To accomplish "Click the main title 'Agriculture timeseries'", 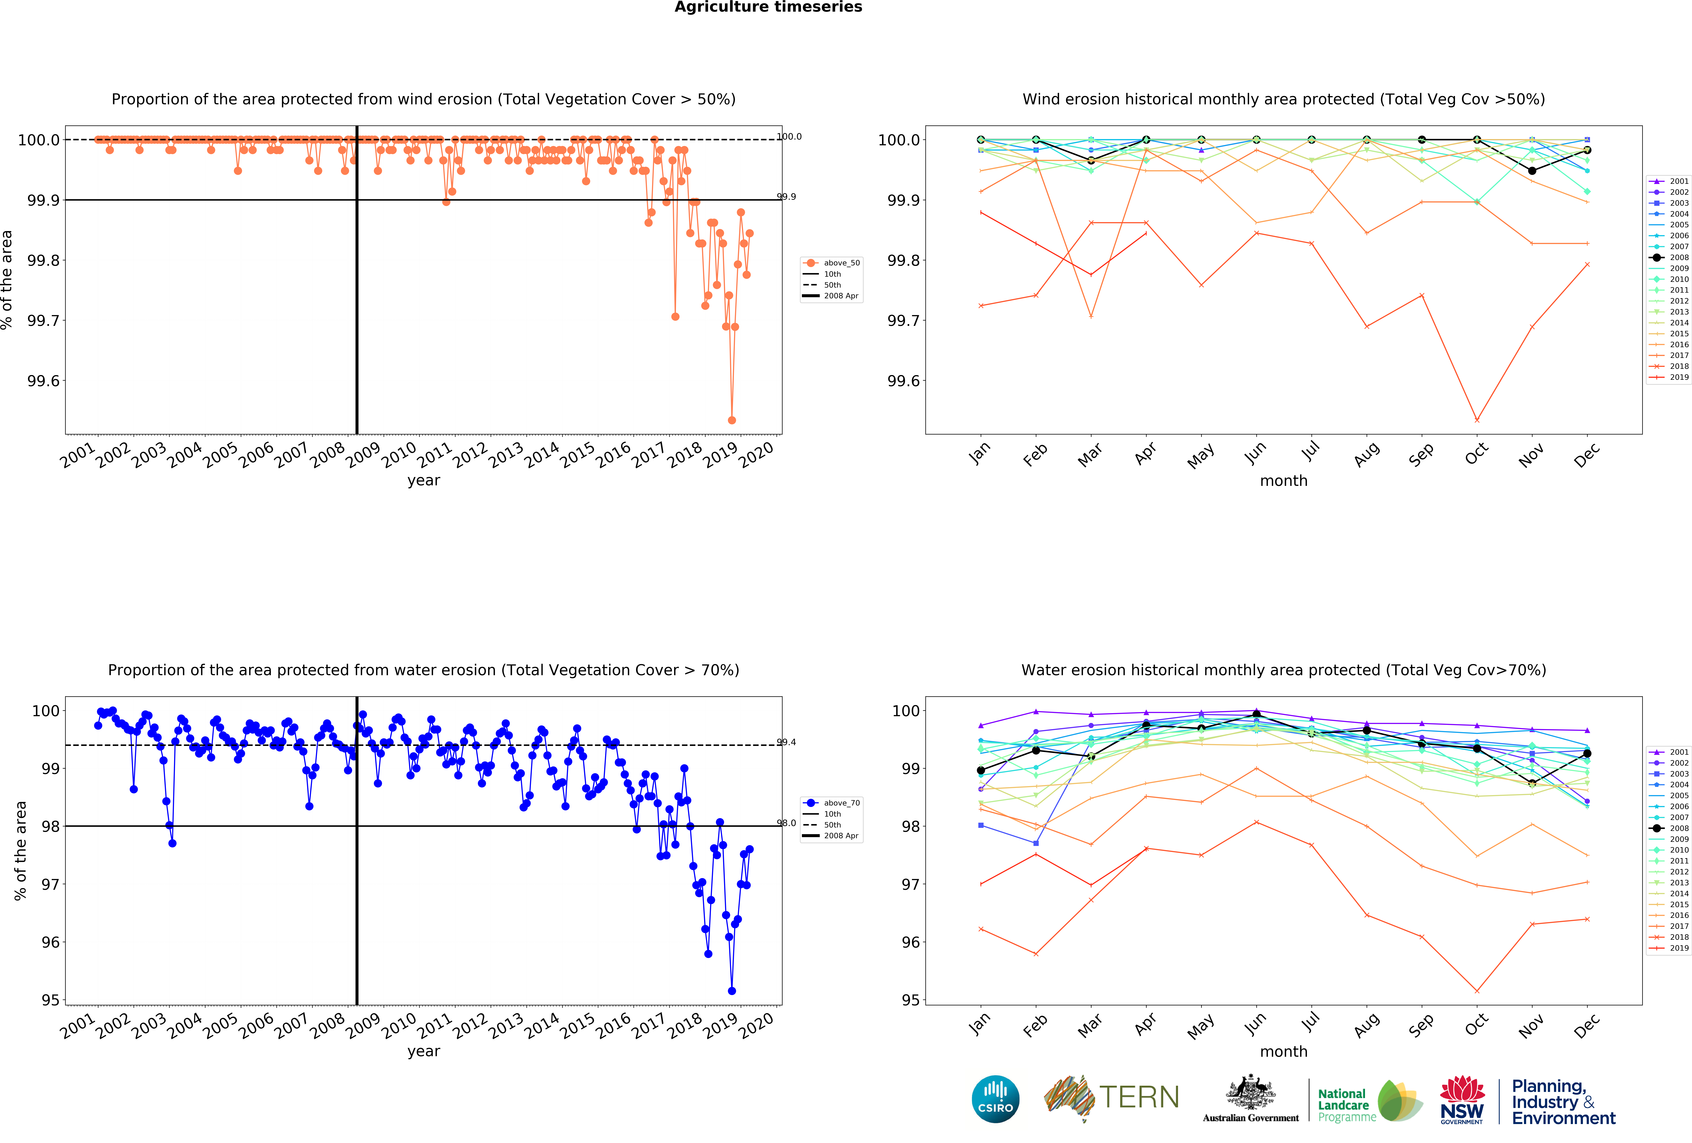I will click(768, 7).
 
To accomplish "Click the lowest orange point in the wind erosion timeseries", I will click(732, 420).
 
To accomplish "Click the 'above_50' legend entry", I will click(841, 263).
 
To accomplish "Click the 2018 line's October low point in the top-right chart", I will click(1476, 420).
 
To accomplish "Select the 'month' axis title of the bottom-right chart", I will click(1284, 1051).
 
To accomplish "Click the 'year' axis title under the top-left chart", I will click(424, 481).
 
